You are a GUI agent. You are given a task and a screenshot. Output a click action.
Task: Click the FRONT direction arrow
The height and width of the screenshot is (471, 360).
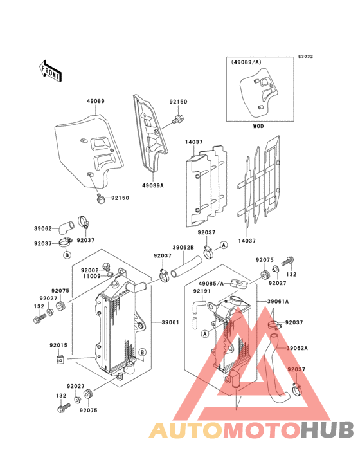point(50,71)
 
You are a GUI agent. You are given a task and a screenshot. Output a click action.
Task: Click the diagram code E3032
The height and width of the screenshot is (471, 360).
point(305,57)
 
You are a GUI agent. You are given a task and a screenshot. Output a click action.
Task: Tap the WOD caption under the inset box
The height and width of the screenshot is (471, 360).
point(258,126)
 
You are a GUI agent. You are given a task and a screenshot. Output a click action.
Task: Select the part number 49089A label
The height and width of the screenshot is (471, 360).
point(153,185)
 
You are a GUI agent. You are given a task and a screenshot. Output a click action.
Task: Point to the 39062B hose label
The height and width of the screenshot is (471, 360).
point(183,248)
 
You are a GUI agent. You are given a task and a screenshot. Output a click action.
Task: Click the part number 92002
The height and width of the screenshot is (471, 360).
point(90,270)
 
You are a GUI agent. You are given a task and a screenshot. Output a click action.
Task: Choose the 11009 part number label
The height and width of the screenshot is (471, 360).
point(92,276)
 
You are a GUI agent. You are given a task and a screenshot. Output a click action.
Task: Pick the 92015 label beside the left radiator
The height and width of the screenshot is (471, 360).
point(59,345)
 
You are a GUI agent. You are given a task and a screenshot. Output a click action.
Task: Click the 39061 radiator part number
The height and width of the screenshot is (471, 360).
point(170,322)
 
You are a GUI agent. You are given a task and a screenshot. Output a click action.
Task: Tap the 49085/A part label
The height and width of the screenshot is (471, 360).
point(212,284)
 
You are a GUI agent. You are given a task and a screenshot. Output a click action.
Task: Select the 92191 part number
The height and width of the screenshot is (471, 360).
point(202,291)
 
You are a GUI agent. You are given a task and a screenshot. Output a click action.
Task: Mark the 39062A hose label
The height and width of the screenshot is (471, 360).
point(297,348)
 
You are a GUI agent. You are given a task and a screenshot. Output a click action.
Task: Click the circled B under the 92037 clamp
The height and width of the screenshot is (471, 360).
point(67,255)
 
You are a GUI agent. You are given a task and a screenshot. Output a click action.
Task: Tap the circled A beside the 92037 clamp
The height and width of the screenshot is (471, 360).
point(224,245)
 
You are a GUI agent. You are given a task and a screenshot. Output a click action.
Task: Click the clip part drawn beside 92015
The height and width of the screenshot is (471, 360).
point(60,358)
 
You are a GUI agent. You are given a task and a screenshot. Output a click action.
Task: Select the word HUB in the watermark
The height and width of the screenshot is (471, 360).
point(328,430)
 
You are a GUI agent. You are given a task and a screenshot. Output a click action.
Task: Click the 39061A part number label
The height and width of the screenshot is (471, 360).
point(278,301)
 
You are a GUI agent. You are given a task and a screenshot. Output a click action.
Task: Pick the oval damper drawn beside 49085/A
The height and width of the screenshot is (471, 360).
point(239,284)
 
